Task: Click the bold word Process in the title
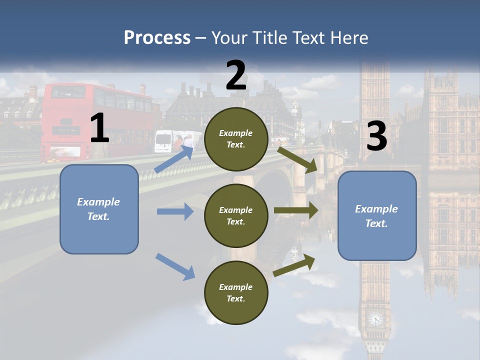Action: coord(157,38)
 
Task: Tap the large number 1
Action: coord(99,128)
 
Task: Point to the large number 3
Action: coord(376,136)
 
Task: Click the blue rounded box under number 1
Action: coord(99,209)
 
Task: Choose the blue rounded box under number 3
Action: coord(377,216)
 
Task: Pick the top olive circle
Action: coord(236,139)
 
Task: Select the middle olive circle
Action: coord(236,215)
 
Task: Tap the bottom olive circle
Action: coord(236,292)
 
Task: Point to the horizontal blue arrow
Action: coord(175,211)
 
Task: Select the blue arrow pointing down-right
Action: coord(175,266)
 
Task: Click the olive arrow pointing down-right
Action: coord(297,158)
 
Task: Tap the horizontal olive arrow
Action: coord(296,210)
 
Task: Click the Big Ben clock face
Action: coord(375,318)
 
